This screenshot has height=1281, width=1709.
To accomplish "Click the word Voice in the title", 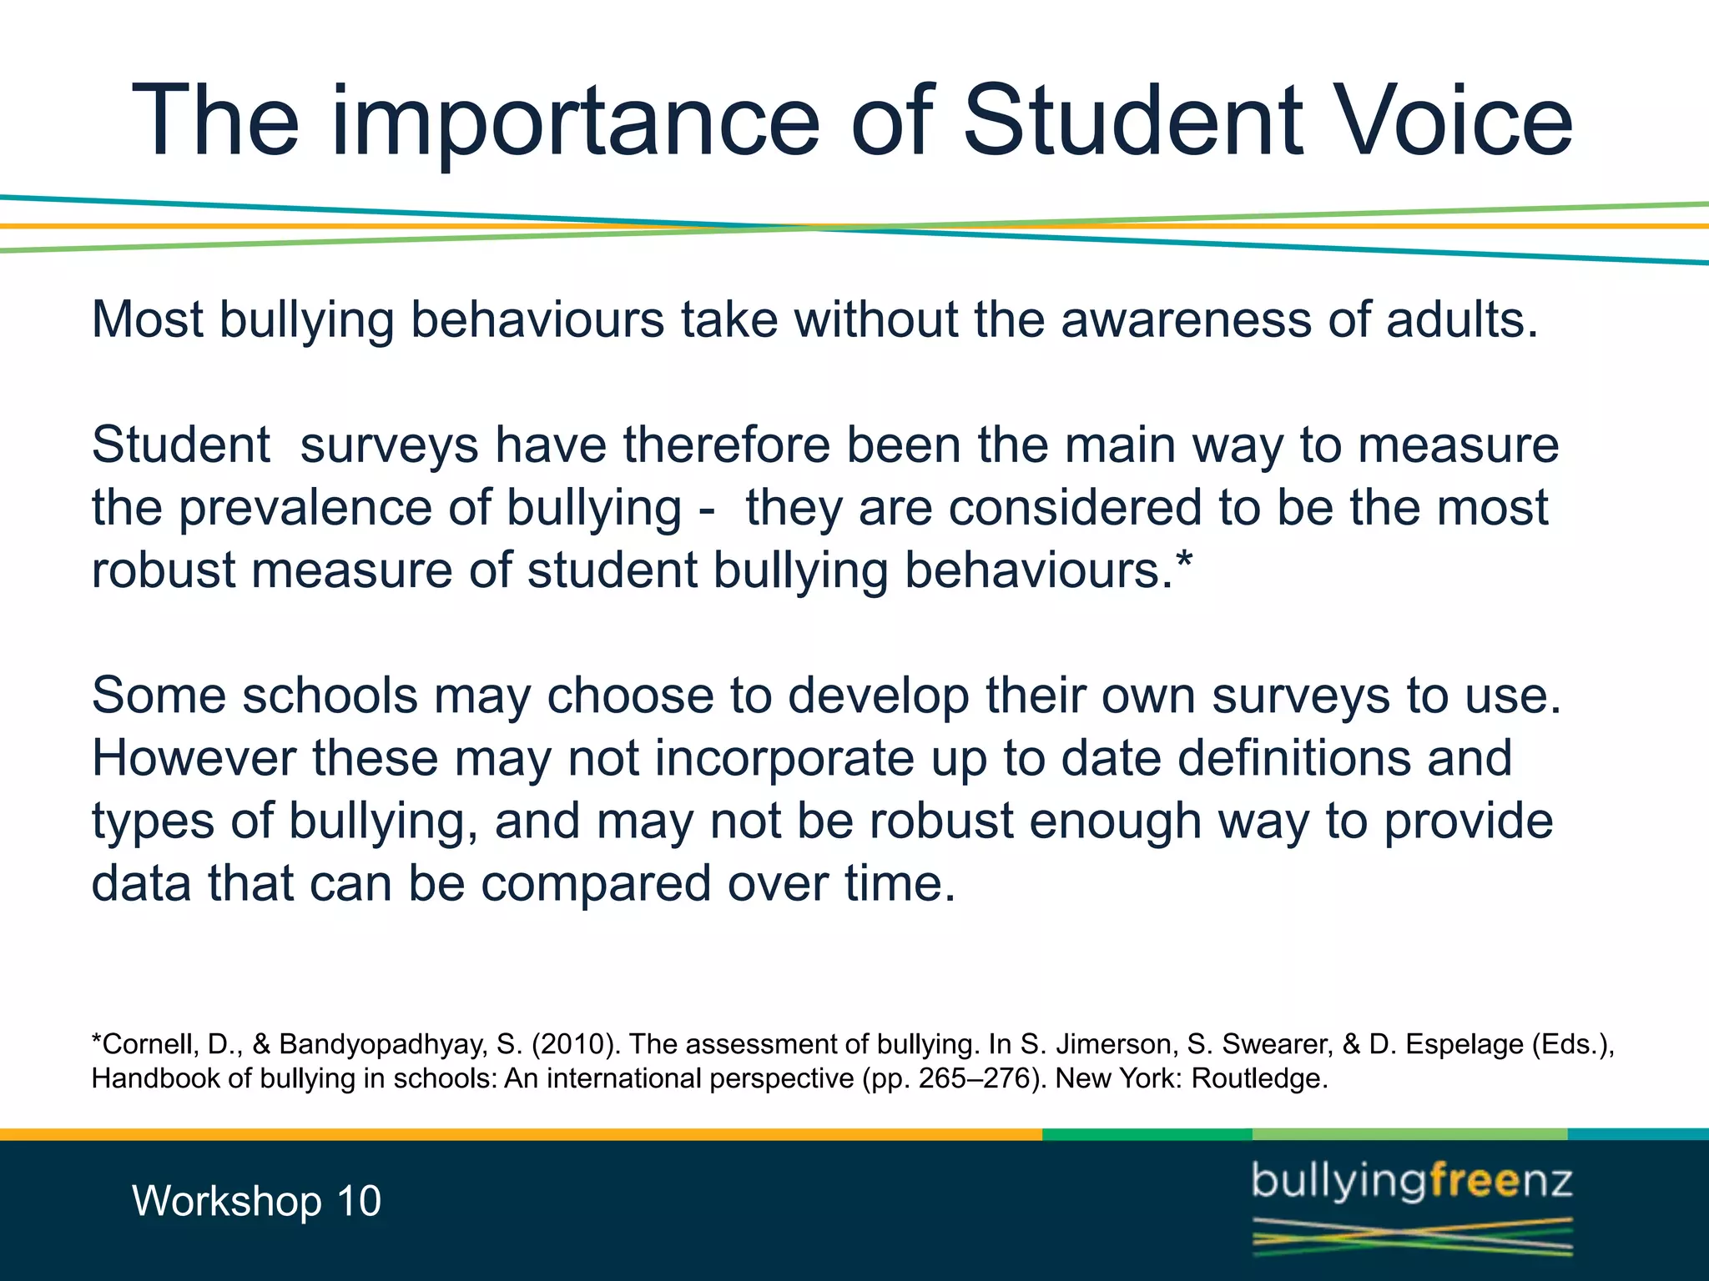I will [x=1453, y=121].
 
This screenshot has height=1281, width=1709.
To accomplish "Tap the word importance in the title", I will [x=576, y=121].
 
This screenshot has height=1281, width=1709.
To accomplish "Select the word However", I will [x=194, y=758].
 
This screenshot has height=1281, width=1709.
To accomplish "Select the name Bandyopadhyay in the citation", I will [x=383, y=1044].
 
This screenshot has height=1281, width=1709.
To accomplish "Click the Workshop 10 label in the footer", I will [x=256, y=1201].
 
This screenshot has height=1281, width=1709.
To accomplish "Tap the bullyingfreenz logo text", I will [x=1412, y=1183].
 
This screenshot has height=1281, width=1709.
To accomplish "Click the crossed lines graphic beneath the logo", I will [x=1412, y=1236].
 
